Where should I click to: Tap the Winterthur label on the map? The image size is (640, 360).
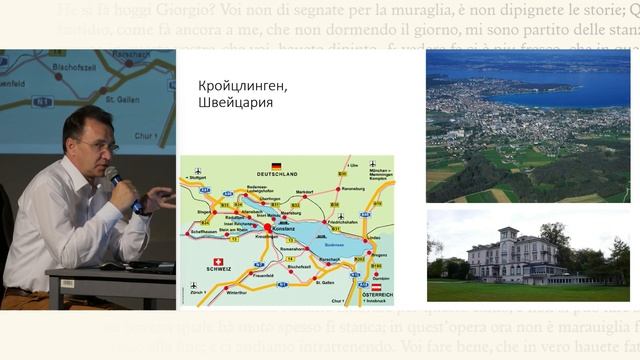[x=236, y=292]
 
